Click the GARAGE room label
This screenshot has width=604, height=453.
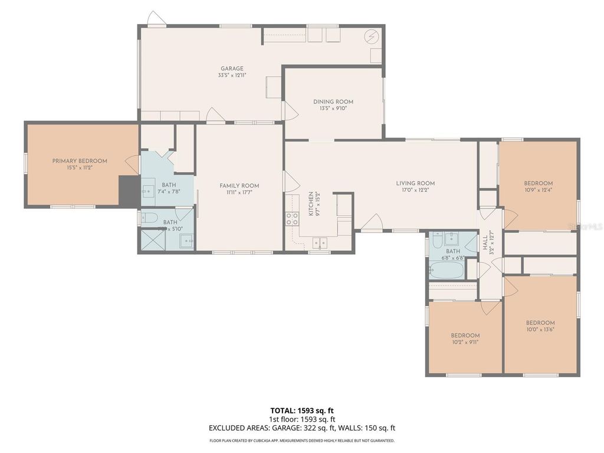(x=232, y=68)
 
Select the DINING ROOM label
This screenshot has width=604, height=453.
(x=333, y=102)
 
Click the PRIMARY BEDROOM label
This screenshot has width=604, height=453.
(x=80, y=161)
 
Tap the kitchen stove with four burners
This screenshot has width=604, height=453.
(x=291, y=219)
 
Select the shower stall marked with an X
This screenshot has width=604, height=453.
(x=151, y=240)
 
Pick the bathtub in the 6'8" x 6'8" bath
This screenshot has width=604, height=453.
(x=447, y=271)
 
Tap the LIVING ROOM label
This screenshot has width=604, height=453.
(x=415, y=183)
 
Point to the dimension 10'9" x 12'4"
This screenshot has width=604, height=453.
(x=539, y=190)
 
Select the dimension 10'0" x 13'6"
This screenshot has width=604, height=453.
(x=540, y=330)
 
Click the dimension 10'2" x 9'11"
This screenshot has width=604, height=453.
(x=465, y=342)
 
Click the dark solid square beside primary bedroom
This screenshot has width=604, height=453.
(x=129, y=191)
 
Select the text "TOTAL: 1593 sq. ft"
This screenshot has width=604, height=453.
(x=302, y=411)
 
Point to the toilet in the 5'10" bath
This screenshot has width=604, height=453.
(x=148, y=217)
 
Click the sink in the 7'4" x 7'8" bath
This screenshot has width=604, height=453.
(x=148, y=191)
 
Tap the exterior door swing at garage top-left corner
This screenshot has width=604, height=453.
(x=156, y=19)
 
